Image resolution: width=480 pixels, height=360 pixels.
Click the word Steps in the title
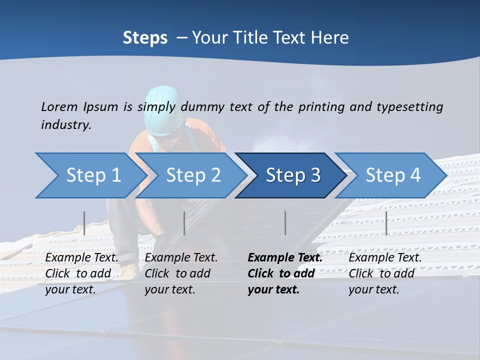click(145, 38)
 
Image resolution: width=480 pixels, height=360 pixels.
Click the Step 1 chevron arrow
click(90, 175)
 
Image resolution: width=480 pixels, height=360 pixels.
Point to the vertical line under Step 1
click(84, 223)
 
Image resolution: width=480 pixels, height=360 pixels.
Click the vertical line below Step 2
click(184, 223)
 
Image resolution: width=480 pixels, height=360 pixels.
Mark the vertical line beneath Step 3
click(285, 223)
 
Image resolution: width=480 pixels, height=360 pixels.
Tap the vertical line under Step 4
click(386, 223)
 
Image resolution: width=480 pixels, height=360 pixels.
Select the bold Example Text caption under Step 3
click(284, 273)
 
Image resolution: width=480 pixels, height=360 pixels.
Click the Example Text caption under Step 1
click(81, 273)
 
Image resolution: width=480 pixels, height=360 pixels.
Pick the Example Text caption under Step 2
click(181, 273)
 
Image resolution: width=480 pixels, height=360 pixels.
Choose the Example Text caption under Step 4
click(385, 273)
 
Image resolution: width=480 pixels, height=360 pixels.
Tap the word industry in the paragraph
click(65, 125)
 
